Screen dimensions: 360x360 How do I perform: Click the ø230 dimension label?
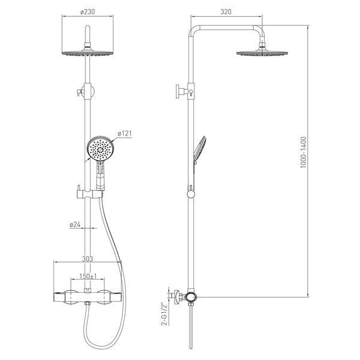click(x=88, y=12)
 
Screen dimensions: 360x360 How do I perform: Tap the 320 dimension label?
click(x=226, y=12)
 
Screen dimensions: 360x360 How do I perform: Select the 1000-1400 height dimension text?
click(x=303, y=152)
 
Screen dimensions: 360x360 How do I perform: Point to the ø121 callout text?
click(x=125, y=133)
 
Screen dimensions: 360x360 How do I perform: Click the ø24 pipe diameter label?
click(x=75, y=224)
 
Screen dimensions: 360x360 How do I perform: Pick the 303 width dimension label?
click(x=88, y=259)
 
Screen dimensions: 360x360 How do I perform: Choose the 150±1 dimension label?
click(x=88, y=276)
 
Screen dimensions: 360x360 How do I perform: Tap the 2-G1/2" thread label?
click(x=164, y=314)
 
